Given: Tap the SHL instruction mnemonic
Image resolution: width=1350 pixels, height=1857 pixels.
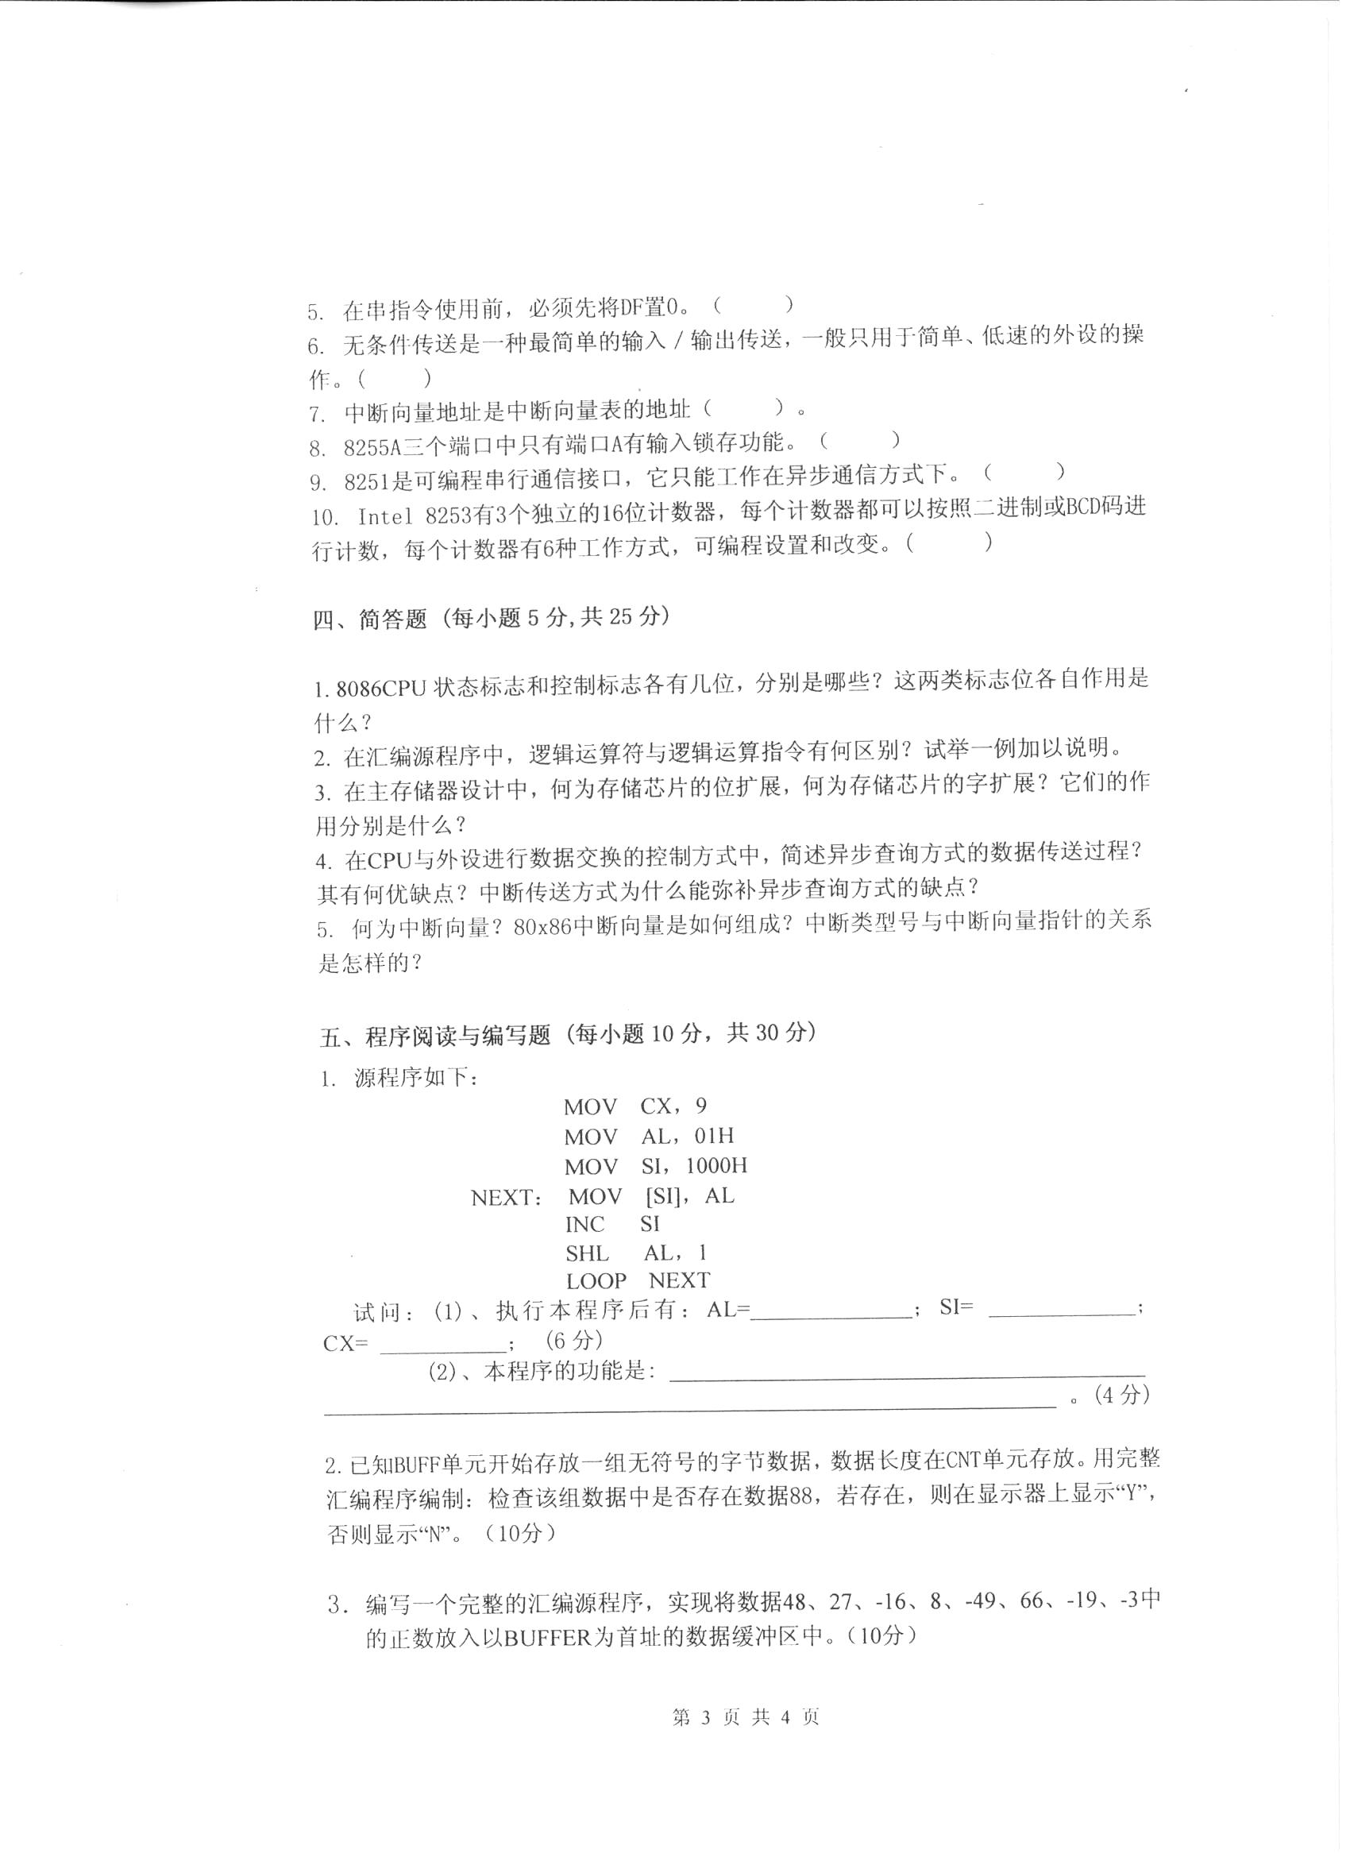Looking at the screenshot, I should click(x=587, y=1253).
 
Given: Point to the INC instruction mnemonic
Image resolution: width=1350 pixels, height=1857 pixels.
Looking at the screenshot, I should click(x=584, y=1225).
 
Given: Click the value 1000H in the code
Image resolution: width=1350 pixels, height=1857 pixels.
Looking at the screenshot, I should click(x=716, y=1166).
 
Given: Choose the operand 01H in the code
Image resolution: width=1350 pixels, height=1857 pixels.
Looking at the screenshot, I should click(x=714, y=1137).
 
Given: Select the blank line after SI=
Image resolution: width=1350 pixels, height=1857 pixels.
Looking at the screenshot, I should click(x=1062, y=1311).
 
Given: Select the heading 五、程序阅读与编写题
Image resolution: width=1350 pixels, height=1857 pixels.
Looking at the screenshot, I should click(x=434, y=1036).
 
